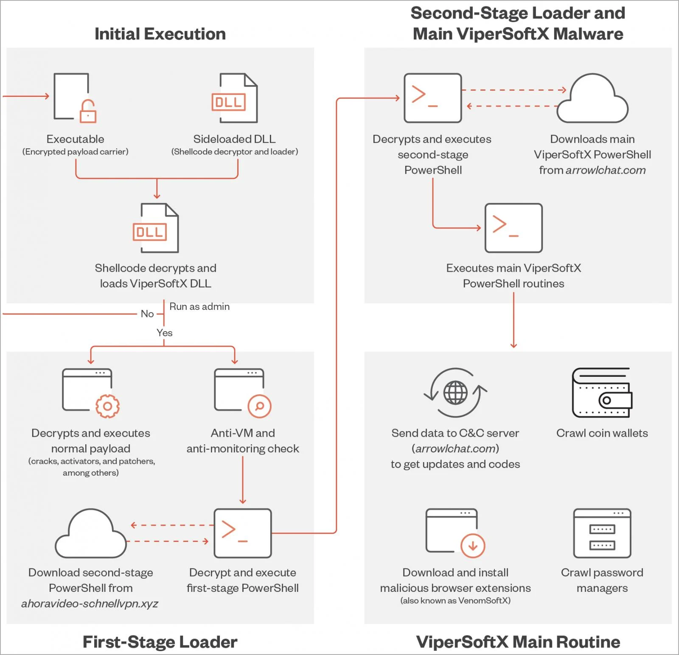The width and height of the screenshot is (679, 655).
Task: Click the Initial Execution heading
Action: click(x=160, y=34)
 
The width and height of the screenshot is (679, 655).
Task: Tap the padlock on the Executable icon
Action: click(x=88, y=112)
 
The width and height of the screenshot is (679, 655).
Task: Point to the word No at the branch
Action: click(x=147, y=314)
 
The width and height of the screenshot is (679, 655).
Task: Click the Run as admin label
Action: click(x=199, y=307)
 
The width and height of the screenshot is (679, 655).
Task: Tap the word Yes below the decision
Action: click(x=164, y=333)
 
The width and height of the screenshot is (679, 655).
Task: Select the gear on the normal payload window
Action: click(x=107, y=406)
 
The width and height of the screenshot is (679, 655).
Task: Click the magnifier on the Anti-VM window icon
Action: click(x=259, y=406)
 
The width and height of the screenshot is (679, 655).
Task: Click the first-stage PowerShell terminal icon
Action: click(x=242, y=533)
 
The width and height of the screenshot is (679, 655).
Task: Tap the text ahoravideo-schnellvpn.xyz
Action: click(x=90, y=604)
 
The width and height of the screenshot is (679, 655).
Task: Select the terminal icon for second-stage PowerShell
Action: click(x=432, y=98)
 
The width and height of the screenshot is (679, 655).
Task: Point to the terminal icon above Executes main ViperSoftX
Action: click(x=513, y=228)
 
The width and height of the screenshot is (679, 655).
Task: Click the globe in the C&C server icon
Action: click(x=455, y=393)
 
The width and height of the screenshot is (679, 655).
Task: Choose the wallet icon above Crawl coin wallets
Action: click(x=602, y=393)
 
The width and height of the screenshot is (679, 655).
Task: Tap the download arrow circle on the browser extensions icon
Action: click(x=473, y=546)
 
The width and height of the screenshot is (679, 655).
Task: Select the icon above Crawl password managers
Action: click(x=602, y=533)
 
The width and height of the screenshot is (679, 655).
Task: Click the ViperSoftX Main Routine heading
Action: click(x=518, y=642)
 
